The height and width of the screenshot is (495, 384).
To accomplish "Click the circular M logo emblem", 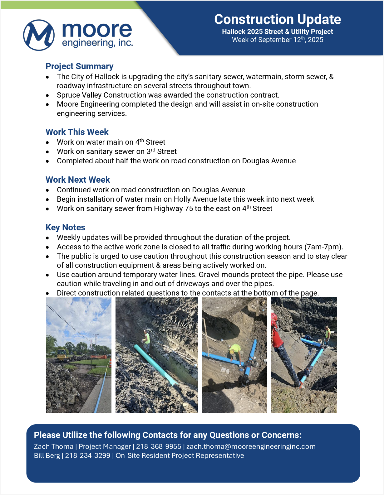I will pos(39,35).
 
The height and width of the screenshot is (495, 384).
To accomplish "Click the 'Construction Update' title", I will pos(277,19).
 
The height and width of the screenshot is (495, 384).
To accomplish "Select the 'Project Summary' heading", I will pos(79,66).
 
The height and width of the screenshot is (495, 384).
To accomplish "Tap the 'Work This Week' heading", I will pos(77,132).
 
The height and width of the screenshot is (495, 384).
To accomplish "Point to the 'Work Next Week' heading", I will pos(78,180).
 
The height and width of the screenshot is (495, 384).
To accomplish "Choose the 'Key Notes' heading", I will pos(65,227).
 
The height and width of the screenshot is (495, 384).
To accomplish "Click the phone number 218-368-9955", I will pos(159,446).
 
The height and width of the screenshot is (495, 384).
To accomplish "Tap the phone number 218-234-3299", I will pos(87,455).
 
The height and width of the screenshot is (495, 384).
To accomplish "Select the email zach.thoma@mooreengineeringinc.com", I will pos(251,446).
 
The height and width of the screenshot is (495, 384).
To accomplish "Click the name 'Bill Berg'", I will pos(47,455).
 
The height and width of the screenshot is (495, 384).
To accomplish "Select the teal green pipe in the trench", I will pos(155,365).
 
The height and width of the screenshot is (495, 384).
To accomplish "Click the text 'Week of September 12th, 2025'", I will pos(277,40).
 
